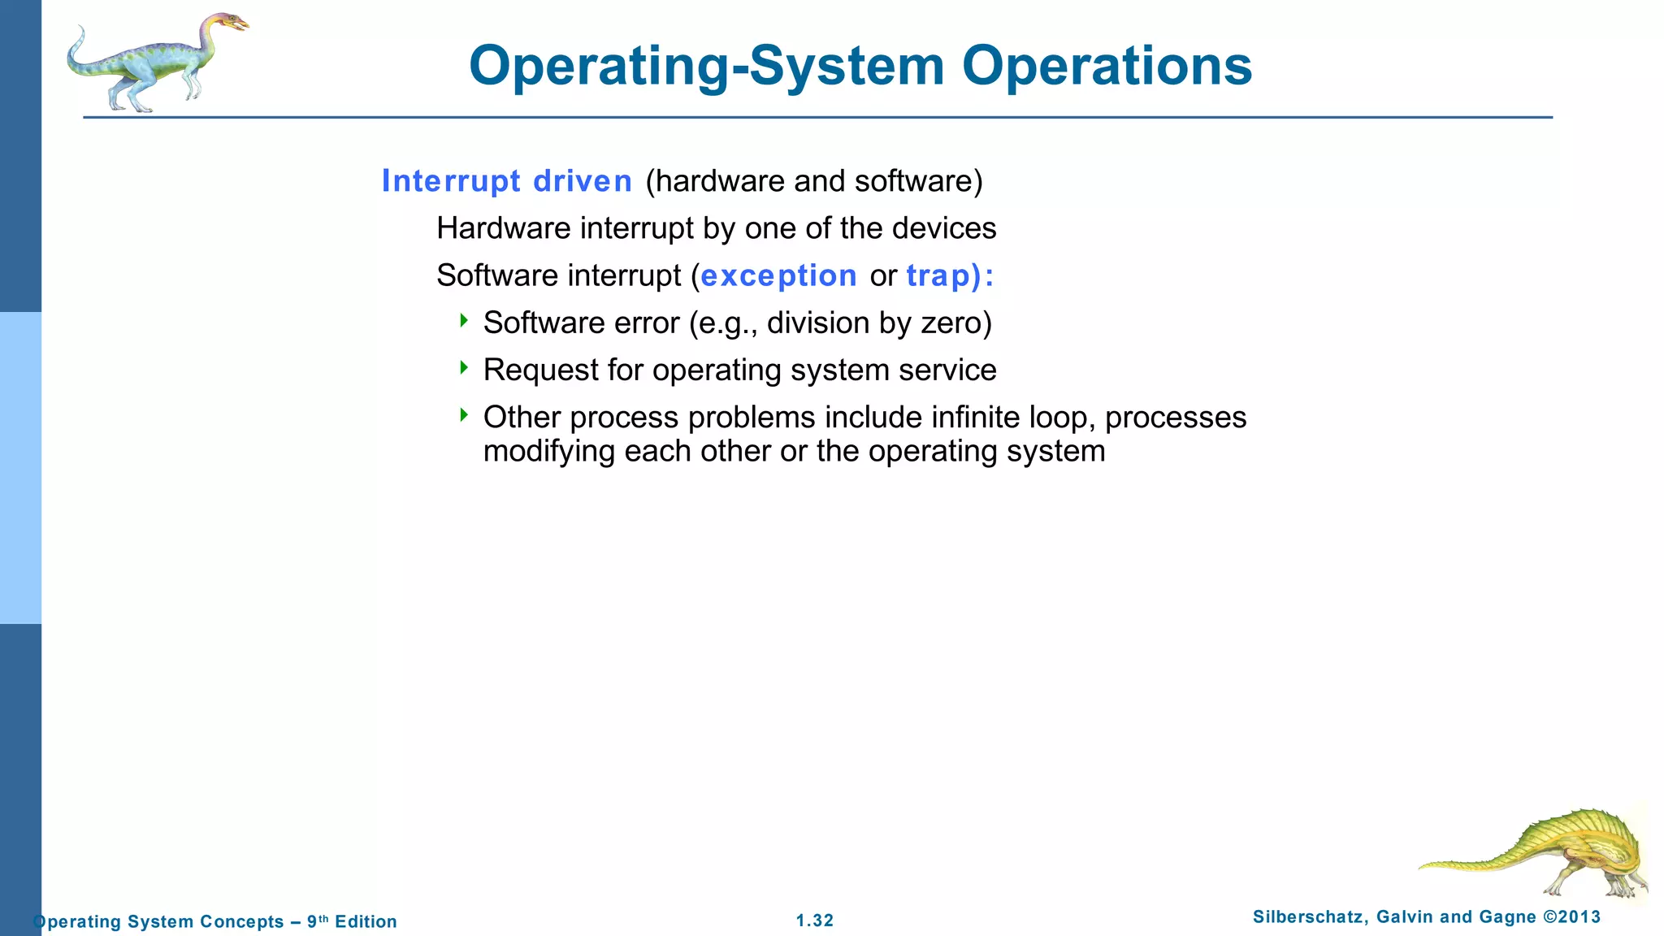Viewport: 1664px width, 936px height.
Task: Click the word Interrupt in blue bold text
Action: (451, 180)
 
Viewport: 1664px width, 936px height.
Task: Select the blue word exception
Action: (778, 275)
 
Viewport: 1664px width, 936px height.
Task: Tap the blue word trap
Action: (938, 275)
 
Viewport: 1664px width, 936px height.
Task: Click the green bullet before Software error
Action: (464, 320)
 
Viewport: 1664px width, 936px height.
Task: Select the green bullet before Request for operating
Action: (464, 367)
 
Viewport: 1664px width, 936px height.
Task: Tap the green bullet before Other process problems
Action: (464, 414)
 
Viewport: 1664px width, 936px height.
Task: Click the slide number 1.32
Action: (814, 921)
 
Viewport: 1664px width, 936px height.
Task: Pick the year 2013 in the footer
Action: (1580, 917)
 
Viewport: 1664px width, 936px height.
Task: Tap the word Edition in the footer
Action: (366, 921)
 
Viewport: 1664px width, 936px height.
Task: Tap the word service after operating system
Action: (947, 370)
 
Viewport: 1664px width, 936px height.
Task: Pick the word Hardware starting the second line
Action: (504, 228)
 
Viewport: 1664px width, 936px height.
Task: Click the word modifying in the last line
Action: (548, 451)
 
